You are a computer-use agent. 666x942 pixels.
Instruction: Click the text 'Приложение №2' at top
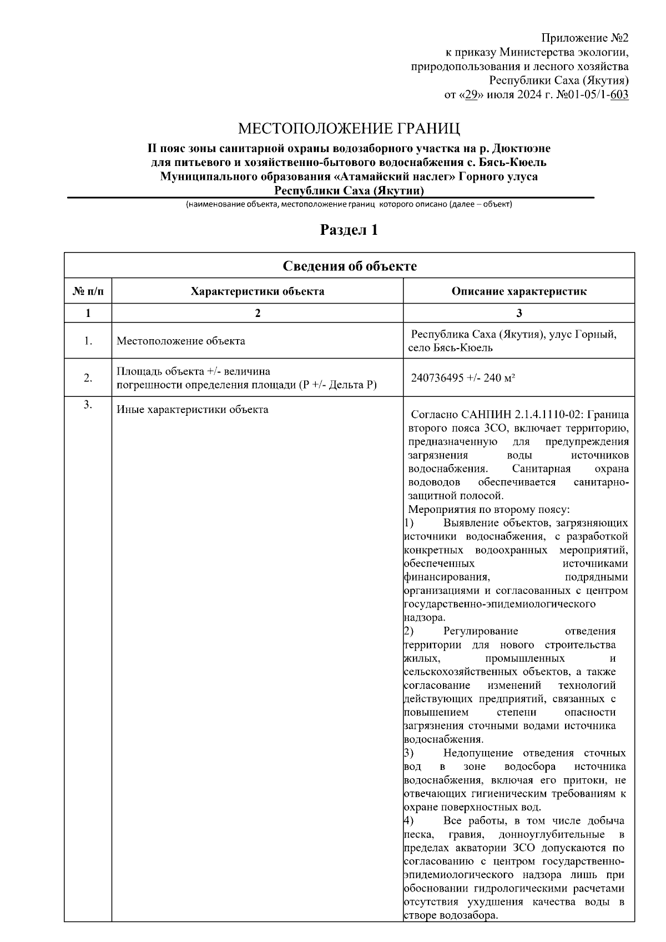(x=584, y=38)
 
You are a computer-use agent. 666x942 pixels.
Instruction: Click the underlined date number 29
(x=471, y=95)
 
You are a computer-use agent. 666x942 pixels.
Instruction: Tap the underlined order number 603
(x=619, y=95)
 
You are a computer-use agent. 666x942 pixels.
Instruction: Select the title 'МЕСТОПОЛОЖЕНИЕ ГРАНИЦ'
(x=349, y=129)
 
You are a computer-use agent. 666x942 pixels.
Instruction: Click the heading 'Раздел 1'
(x=349, y=230)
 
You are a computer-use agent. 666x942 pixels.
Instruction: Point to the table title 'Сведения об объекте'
(x=350, y=266)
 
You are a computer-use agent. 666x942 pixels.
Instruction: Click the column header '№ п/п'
(x=88, y=291)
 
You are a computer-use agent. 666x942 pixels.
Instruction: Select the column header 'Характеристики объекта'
(x=258, y=291)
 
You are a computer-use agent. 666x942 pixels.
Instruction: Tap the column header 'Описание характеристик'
(x=519, y=291)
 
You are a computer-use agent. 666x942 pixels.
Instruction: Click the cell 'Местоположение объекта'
(x=181, y=341)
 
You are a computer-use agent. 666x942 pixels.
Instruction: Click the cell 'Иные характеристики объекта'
(x=193, y=410)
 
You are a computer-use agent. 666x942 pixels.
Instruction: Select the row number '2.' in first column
(x=88, y=378)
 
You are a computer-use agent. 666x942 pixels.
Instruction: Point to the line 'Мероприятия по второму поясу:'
(x=490, y=510)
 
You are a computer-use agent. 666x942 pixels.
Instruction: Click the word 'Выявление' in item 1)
(x=471, y=523)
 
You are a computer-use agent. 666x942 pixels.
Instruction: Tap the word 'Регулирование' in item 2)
(x=481, y=631)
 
